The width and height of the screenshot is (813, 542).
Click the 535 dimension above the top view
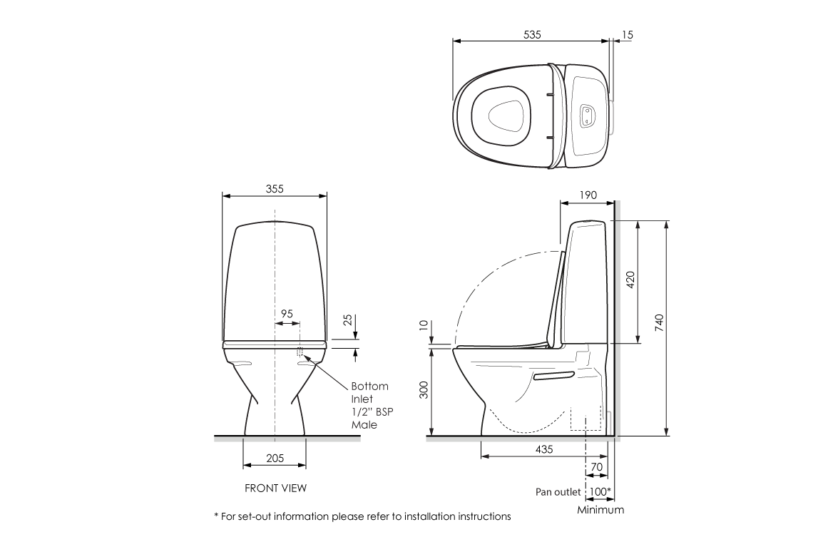531,34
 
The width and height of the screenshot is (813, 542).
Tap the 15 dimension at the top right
628,34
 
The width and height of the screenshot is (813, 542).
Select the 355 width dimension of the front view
275,188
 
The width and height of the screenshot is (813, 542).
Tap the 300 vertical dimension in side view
423,390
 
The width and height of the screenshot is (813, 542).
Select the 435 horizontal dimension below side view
543,450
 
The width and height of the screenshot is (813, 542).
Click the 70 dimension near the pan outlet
597,468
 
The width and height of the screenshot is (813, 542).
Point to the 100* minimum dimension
601,492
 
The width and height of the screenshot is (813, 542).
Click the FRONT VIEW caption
275,489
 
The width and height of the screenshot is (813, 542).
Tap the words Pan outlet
558,492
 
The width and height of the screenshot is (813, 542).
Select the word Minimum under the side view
600,509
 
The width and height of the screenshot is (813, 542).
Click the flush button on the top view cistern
586,115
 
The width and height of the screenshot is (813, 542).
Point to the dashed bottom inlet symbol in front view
300,351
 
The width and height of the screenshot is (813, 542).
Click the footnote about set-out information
362,516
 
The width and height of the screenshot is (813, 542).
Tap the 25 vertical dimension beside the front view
347,320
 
